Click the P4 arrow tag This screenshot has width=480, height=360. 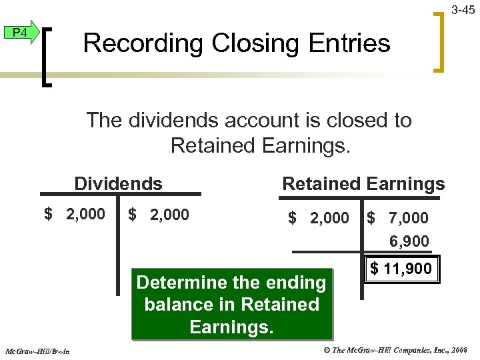tap(21, 32)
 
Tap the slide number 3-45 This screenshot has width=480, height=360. tap(463, 9)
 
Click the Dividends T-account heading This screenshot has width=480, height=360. tap(118, 183)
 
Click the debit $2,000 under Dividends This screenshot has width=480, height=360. tap(75, 215)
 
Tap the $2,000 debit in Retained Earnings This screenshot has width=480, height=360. tap(319, 218)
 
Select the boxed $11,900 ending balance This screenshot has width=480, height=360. tap(401, 269)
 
